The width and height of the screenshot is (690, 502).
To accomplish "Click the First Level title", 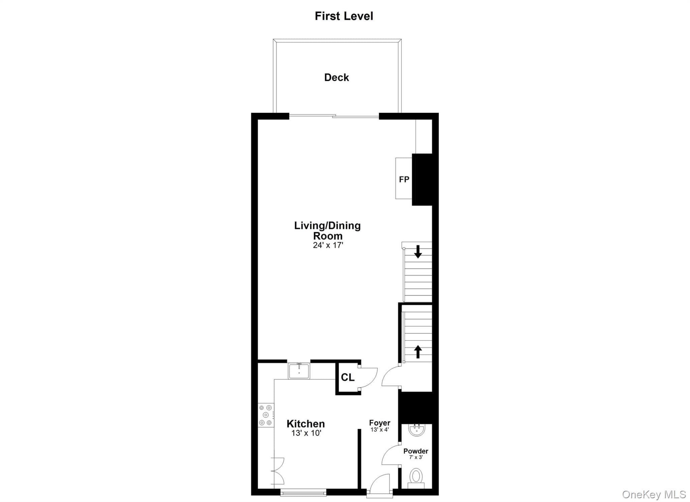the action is click(344, 16).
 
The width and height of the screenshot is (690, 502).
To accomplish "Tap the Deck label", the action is click(337, 78).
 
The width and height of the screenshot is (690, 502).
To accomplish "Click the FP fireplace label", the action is click(404, 179).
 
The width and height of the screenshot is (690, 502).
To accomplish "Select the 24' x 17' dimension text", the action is click(328, 245).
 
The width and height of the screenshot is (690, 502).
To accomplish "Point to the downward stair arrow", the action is click(418, 252).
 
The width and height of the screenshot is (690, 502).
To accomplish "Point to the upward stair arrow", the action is click(418, 352).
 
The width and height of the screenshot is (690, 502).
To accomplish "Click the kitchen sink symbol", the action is click(299, 371).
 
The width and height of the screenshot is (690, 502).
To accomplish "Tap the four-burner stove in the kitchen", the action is click(266, 415).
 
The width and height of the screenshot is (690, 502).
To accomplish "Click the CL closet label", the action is click(347, 377).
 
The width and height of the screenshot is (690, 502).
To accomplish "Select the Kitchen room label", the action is click(306, 424).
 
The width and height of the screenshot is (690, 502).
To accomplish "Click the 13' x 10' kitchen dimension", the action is click(306, 433).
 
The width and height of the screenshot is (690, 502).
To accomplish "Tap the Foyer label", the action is click(380, 423).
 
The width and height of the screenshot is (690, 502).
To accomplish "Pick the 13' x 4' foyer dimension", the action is click(380, 430).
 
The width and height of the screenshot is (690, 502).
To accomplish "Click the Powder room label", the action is click(416, 451).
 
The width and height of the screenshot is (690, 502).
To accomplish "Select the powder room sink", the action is click(417, 430).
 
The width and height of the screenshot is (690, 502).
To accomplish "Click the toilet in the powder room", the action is click(416, 478).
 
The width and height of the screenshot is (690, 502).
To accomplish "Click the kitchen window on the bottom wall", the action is click(303, 493).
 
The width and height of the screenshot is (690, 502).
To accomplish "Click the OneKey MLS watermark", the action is click(654, 495).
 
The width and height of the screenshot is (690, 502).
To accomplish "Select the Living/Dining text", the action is click(327, 226).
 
